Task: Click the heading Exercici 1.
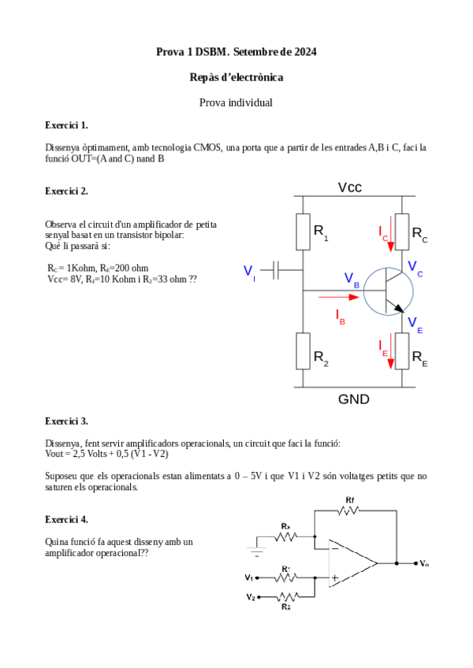click(67, 125)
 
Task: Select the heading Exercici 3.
click(67, 421)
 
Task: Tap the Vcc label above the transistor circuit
click(350, 187)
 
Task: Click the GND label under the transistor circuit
click(354, 399)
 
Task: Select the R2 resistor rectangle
click(303, 351)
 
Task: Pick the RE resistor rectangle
click(402, 351)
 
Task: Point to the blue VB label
click(352, 279)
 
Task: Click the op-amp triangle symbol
click(351, 562)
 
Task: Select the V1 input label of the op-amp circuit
click(250, 577)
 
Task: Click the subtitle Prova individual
click(236, 102)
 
